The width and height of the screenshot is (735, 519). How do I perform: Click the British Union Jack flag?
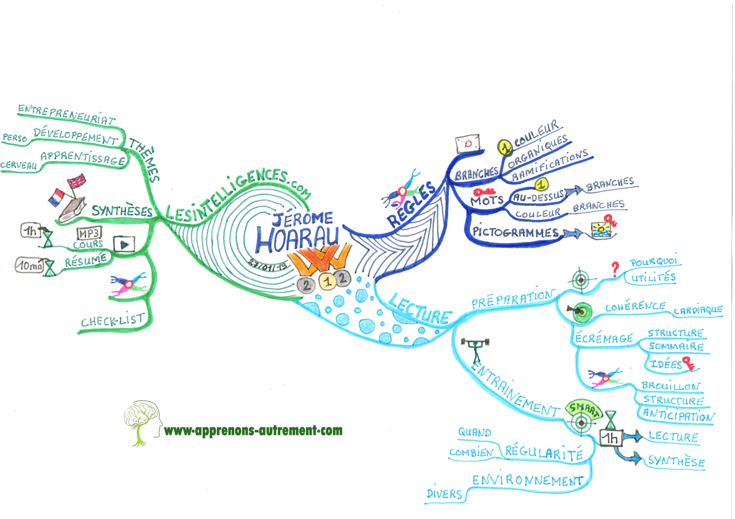(76, 182)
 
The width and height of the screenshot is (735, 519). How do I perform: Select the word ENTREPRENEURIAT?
(66, 114)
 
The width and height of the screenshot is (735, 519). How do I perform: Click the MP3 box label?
(89, 233)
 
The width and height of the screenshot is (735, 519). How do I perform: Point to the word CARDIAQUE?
(698, 310)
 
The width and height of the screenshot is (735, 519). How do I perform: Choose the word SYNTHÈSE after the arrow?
(676, 461)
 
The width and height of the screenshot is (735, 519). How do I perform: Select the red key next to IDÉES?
(688, 363)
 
